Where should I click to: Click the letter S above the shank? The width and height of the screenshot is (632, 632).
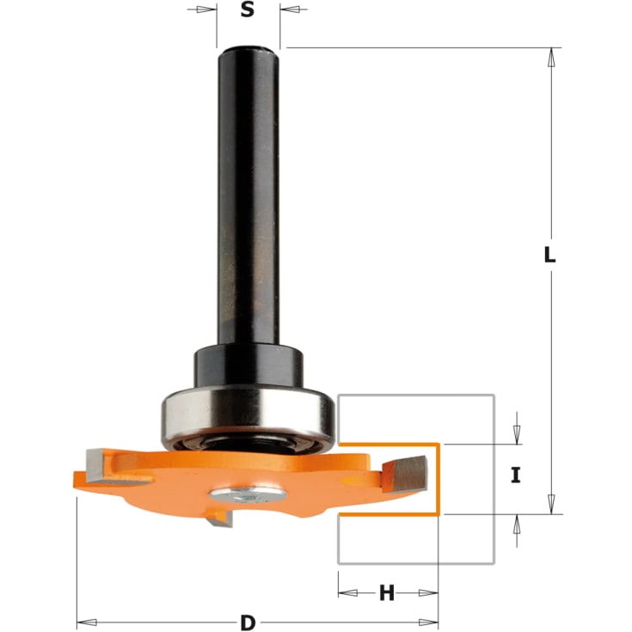point(248,10)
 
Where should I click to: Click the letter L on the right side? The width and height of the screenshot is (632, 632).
point(550,255)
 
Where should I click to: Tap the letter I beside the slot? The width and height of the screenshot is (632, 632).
point(516,476)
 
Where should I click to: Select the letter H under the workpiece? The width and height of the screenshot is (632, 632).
point(387,592)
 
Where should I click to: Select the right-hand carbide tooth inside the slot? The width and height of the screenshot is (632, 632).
point(409,469)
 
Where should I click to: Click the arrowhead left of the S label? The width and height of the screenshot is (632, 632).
point(206,10)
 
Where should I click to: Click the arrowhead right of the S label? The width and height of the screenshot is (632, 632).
point(289,10)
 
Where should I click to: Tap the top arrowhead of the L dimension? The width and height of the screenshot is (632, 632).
point(550,55)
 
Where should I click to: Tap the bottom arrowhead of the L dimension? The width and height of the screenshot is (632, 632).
point(550,506)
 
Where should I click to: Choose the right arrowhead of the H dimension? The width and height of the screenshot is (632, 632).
point(430,592)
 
